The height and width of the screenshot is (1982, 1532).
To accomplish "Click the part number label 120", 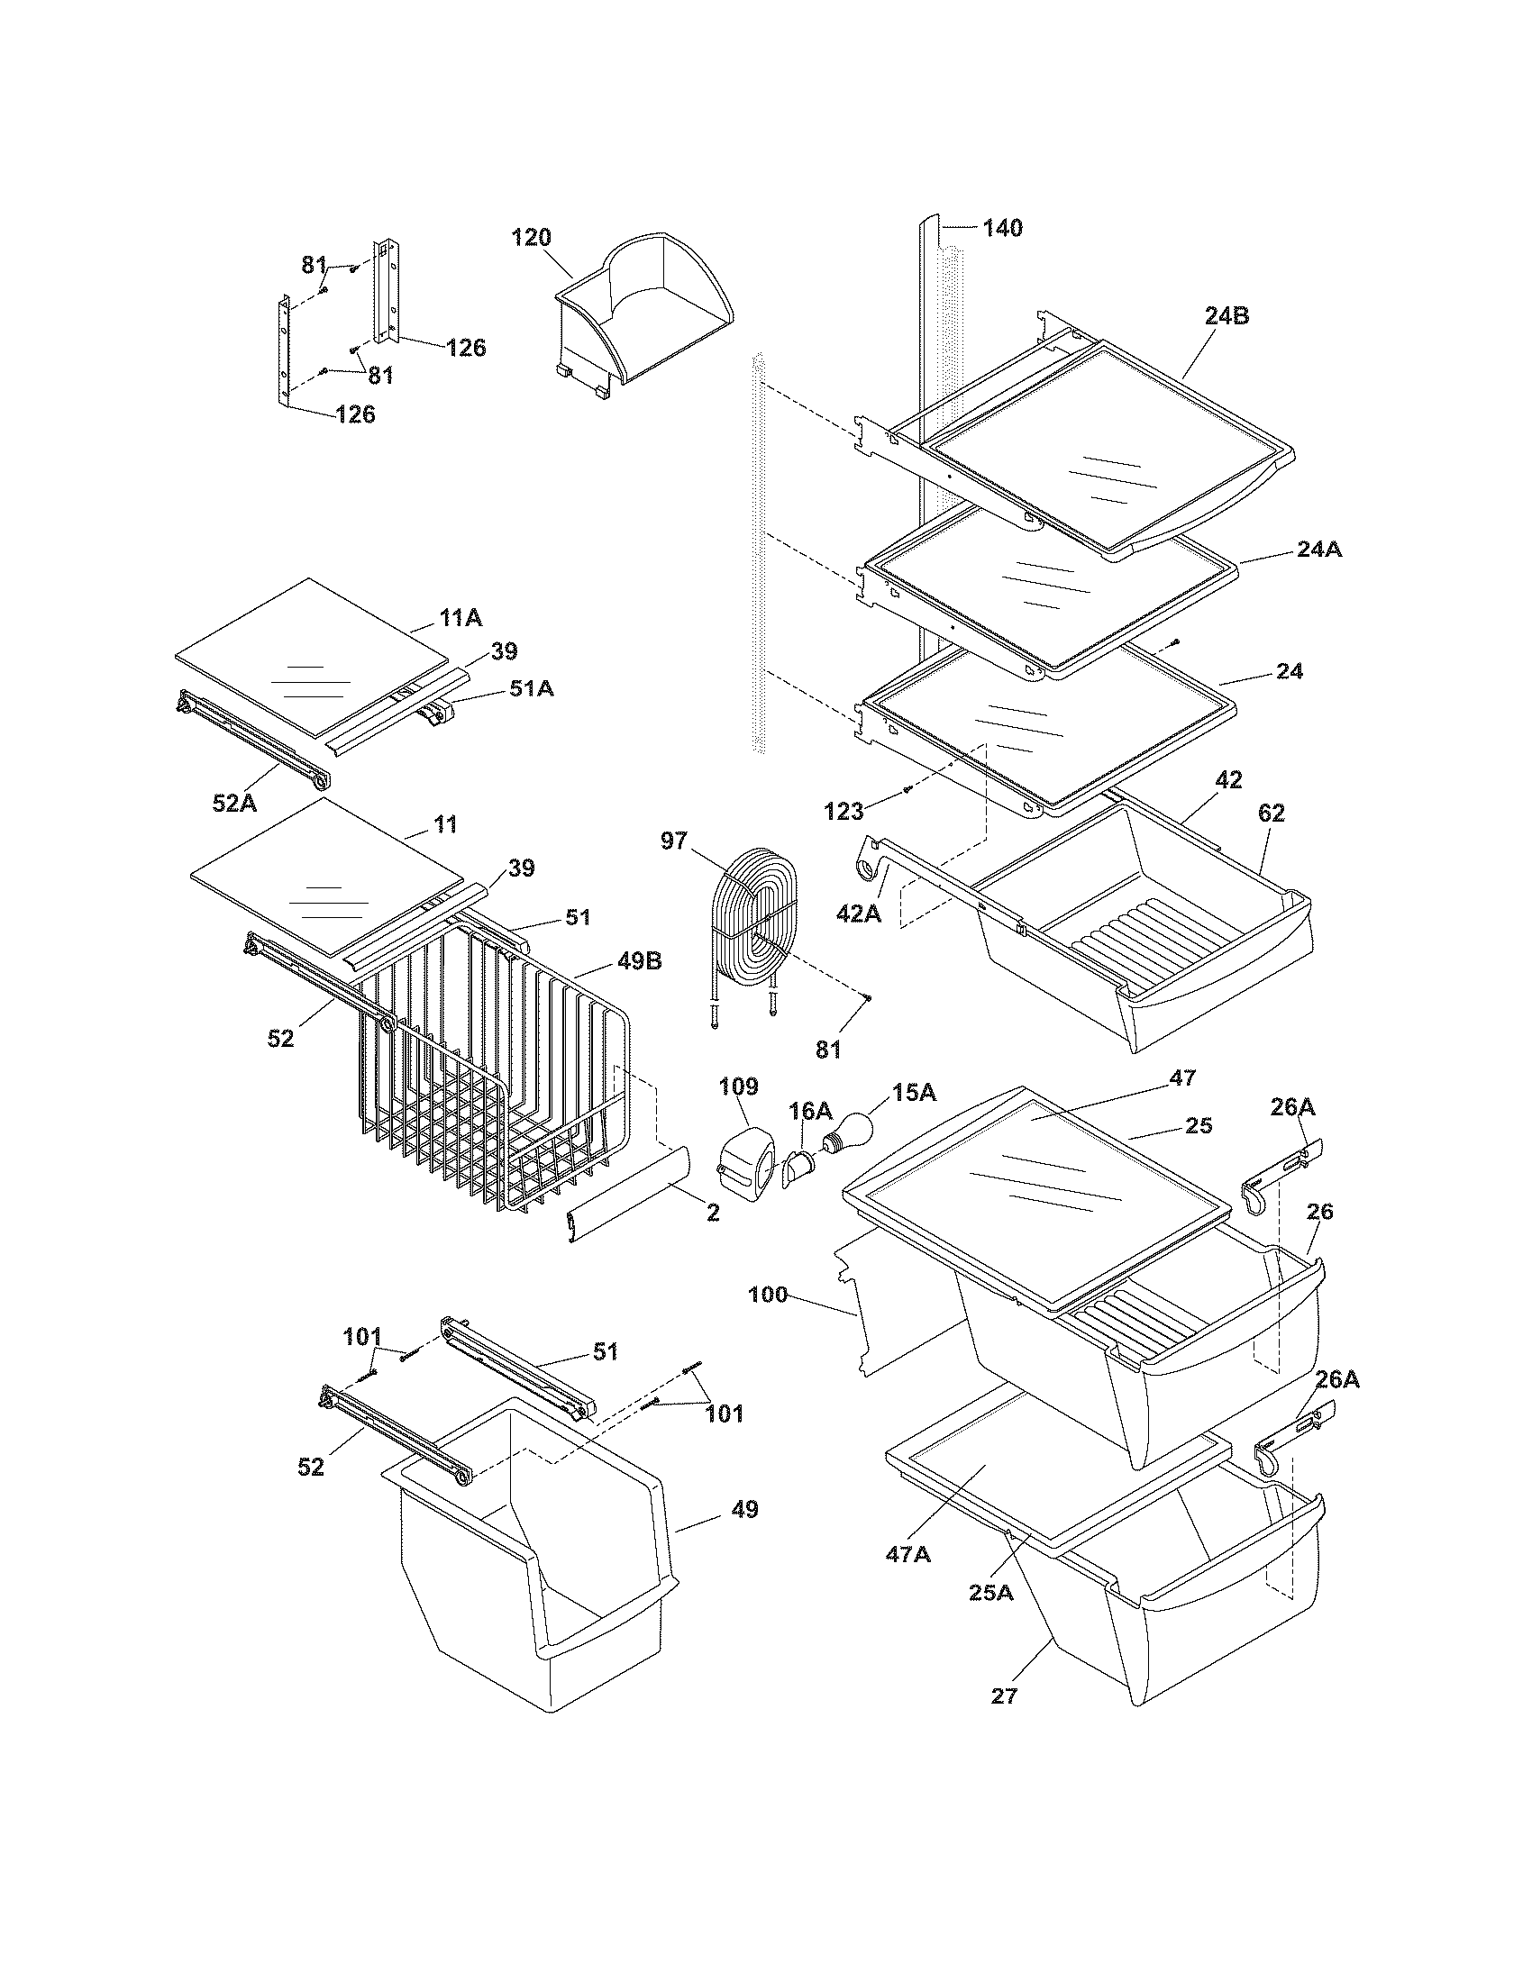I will [x=531, y=238].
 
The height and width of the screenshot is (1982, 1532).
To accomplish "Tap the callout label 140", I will [x=1002, y=228].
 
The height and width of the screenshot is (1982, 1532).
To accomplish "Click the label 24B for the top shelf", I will [x=1227, y=316].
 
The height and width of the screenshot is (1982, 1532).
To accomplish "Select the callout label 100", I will [x=768, y=1295].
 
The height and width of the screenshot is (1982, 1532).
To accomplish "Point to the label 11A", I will [x=461, y=619].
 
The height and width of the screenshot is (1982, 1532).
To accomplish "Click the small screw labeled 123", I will [x=907, y=791].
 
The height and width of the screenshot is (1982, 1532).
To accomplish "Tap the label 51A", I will [x=531, y=689].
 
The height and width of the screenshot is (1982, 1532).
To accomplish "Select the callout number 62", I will [x=1272, y=814].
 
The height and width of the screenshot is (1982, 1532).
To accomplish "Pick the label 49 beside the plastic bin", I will [x=744, y=1509].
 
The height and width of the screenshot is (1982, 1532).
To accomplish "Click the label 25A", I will [x=990, y=1591].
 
